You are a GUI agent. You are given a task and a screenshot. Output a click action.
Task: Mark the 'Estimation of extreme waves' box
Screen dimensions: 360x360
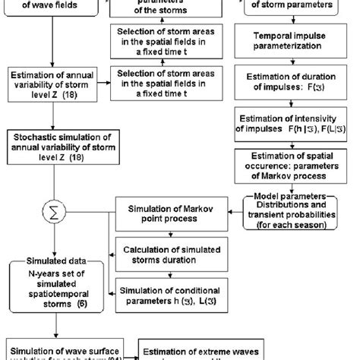pyautogui.click(x=201, y=351)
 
